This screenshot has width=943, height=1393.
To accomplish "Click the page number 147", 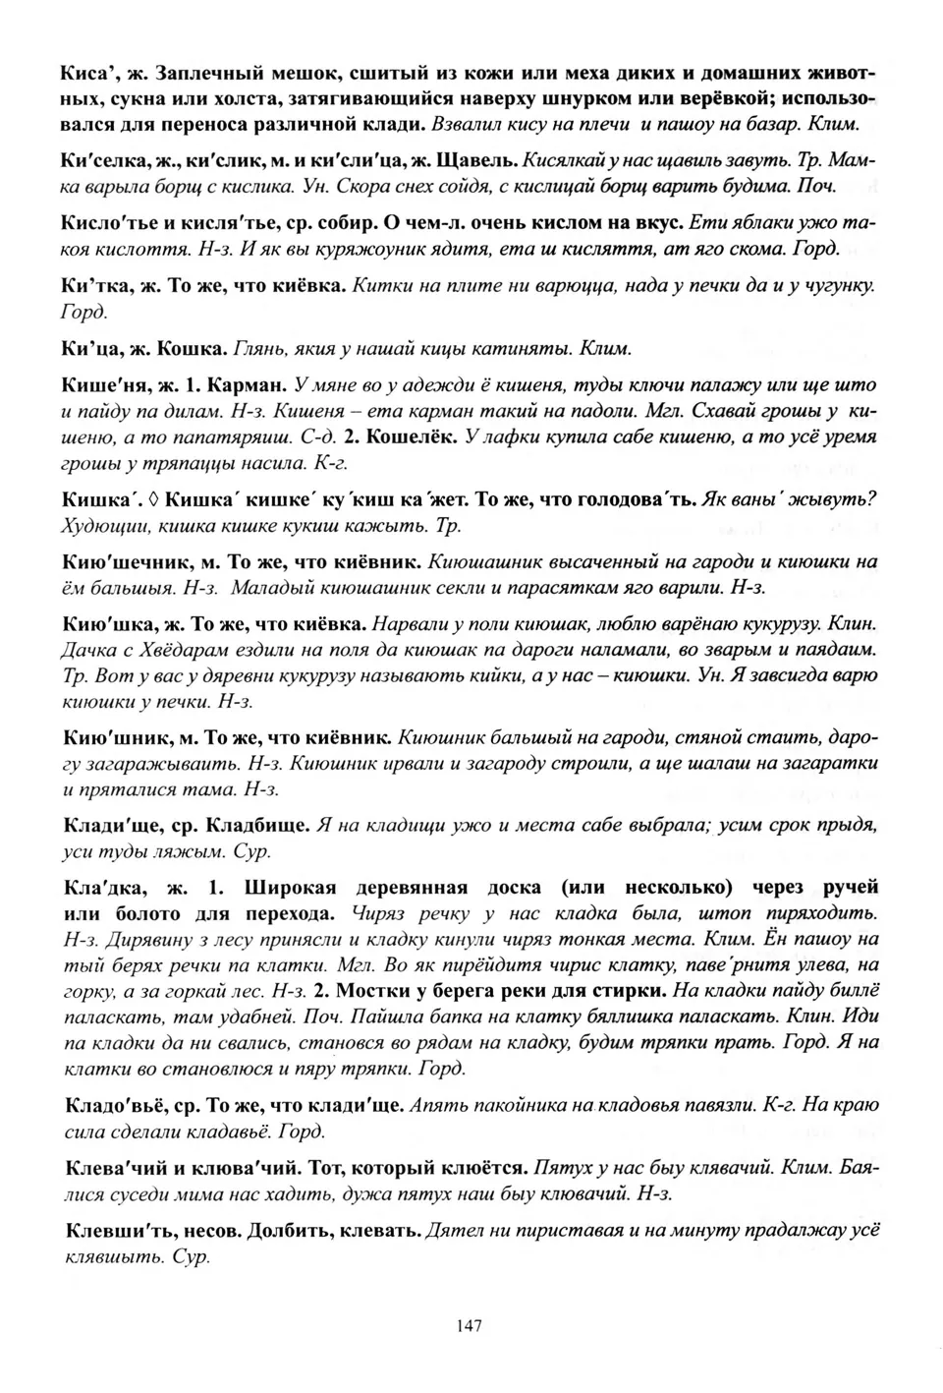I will click(x=470, y=1326).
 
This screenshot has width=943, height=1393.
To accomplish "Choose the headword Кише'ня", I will click(x=102, y=385).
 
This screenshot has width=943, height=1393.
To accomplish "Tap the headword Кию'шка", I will click(x=105, y=624).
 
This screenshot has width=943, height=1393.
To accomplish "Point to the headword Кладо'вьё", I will click(x=116, y=1106).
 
